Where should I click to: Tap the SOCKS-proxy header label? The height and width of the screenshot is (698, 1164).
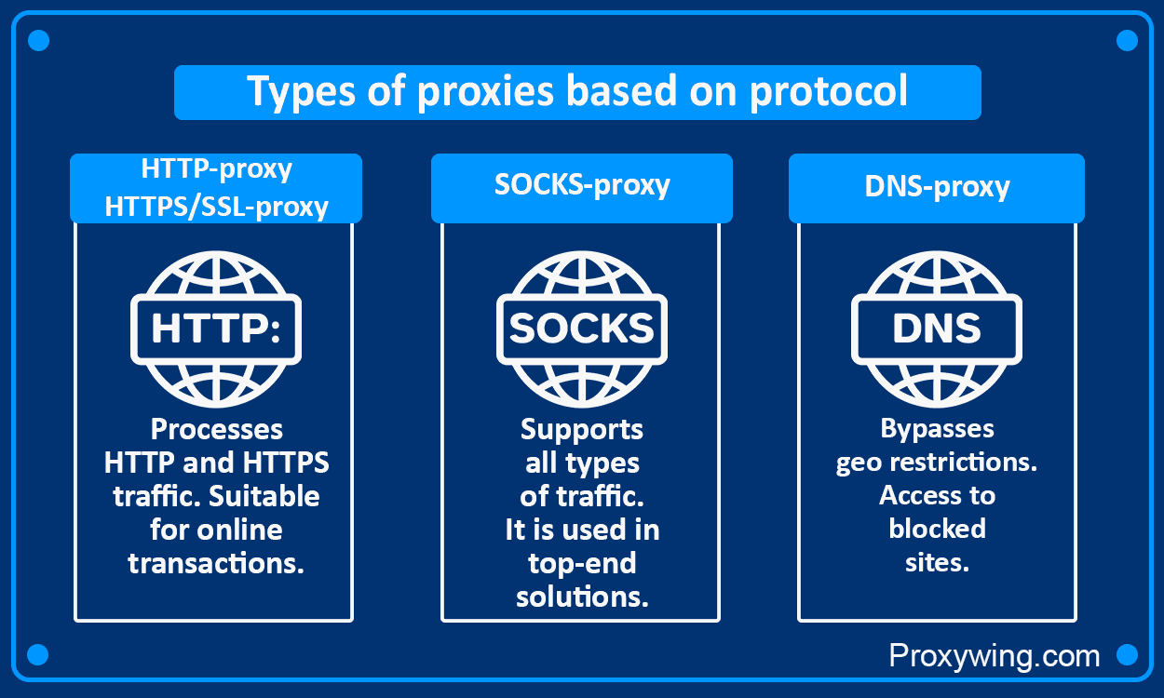coord(582,184)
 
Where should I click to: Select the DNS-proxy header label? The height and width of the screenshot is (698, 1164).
coord(937,186)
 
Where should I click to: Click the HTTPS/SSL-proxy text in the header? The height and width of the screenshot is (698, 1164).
coord(216,206)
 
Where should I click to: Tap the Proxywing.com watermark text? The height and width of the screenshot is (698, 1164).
coord(995,655)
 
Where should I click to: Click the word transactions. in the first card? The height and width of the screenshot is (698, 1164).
coord(216,563)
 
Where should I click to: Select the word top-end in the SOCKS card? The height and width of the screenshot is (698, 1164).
coord(582,563)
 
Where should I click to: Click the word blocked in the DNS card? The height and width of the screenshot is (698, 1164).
coord(937,529)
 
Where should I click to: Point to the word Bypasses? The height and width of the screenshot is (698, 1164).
coord(937,429)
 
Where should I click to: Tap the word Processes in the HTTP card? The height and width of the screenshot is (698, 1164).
coord(216,429)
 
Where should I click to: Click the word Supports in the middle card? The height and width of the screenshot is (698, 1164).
coord(582,429)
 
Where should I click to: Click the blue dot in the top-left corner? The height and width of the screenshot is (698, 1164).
coord(38,41)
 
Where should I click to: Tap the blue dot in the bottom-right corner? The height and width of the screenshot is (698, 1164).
coord(1127,654)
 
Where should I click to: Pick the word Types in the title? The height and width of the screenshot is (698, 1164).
coord(293,93)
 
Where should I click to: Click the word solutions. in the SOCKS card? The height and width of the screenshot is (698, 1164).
coord(582,597)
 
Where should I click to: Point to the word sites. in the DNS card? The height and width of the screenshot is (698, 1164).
coord(937,563)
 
